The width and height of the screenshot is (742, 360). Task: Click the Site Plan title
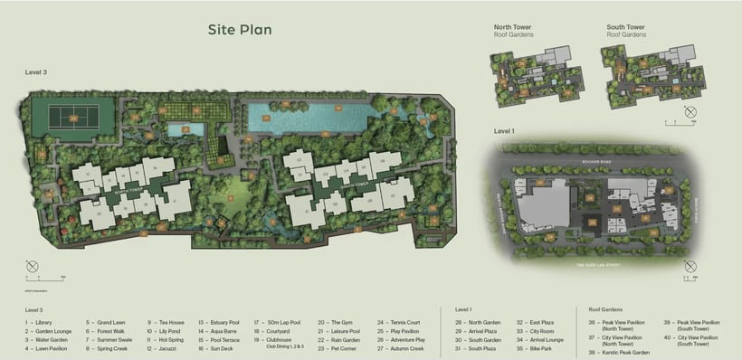click(240, 30)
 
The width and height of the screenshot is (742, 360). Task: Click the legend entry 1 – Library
click(40, 322)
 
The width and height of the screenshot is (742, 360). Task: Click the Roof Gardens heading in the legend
click(608, 309)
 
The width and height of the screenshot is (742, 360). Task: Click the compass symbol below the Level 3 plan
click(33, 268)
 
